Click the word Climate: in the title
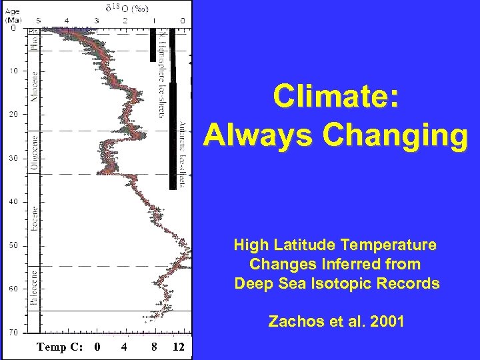[336, 98]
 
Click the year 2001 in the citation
[385, 321]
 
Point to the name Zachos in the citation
[291, 321]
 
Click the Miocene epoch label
[34, 87]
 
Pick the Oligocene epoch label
[34, 151]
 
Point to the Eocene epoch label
[34, 218]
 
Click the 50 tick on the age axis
[13, 245]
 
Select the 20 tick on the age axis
[13, 115]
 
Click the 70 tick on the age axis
[13, 332]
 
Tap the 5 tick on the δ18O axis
[37, 21]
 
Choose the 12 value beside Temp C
[178, 346]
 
